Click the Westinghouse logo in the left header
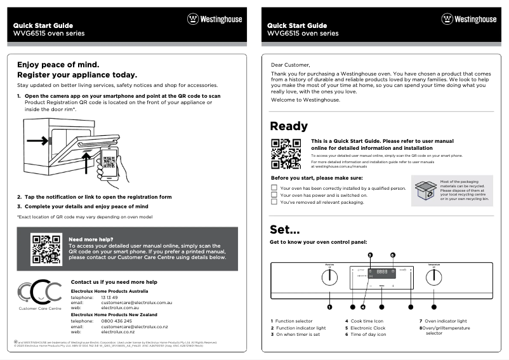point(214,19)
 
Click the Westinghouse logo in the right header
point(468,19)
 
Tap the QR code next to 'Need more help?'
point(46,249)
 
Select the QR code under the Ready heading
point(286,153)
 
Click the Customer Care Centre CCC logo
point(40,293)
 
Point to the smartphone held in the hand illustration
point(109,164)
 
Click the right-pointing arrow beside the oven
point(37,140)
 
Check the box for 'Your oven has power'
point(274,195)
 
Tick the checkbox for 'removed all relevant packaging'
point(274,203)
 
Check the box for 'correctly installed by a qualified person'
point(274,188)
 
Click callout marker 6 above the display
point(392,255)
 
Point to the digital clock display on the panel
point(382,272)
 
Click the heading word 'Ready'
point(289,126)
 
